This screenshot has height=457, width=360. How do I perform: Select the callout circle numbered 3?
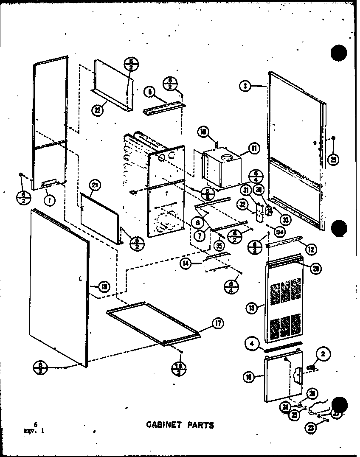245,86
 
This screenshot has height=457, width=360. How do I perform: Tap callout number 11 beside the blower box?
254,149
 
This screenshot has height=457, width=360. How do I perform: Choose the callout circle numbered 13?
251,307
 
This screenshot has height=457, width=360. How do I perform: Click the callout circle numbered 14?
186,264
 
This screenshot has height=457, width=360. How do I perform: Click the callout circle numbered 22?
97,110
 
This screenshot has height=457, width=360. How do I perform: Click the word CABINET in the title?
164,425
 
